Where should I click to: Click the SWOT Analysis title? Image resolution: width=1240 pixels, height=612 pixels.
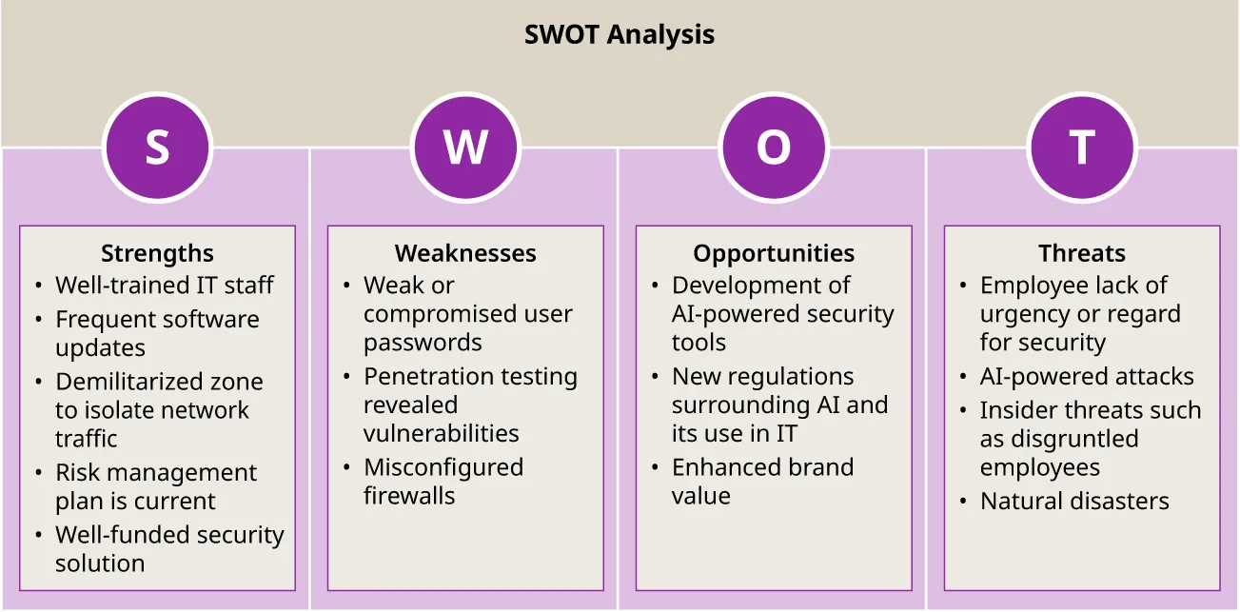click(x=620, y=36)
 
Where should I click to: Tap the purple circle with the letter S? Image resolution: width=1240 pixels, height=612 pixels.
click(x=157, y=148)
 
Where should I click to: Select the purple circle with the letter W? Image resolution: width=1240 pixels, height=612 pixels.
click(x=465, y=148)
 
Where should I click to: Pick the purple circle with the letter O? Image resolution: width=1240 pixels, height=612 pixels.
click(x=774, y=148)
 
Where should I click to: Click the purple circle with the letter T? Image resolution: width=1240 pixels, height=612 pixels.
click(x=1082, y=148)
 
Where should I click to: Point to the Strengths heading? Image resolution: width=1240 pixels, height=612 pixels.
click(x=157, y=253)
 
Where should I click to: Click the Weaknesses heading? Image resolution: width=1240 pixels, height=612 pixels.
click(x=465, y=253)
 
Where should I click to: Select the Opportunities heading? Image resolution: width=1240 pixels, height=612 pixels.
click(x=774, y=253)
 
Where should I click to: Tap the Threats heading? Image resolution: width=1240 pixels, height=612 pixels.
click(x=1082, y=253)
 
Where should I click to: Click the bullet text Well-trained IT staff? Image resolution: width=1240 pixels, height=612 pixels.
click(x=164, y=286)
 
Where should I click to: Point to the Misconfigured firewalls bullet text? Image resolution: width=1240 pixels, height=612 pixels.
click(x=443, y=482)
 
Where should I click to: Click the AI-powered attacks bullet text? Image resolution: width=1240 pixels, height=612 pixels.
click(x=1087, y=377)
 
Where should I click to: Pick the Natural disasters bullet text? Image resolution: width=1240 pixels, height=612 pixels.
click(x=1074, y=502)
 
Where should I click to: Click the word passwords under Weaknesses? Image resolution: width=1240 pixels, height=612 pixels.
click(x=423, y=343)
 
